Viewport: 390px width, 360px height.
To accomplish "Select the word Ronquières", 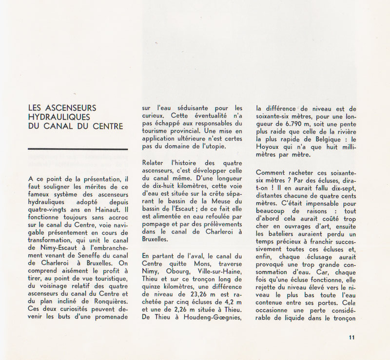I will click(x=108, y=301).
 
